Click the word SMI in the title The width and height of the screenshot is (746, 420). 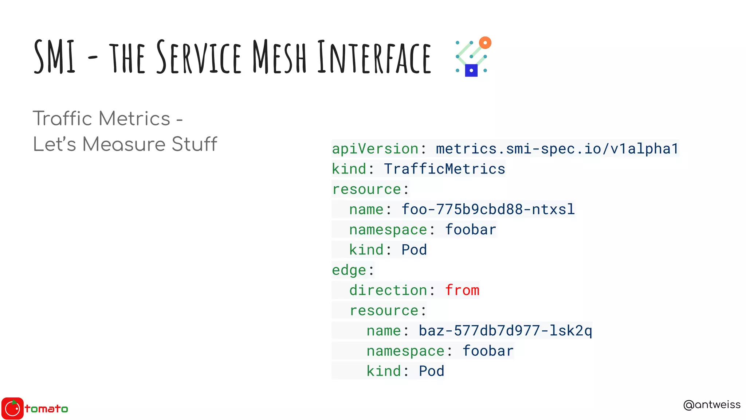(x=55, y=57)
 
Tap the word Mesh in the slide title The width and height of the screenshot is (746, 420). (x=279, y=57)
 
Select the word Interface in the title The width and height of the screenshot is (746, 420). (x=374, y=57)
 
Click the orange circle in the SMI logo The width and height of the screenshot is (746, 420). (x=485, y=43)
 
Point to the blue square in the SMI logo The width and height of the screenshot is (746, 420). (x=471, y=70)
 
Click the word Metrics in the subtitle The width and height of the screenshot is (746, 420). (x=134, y=118)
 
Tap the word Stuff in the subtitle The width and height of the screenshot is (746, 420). (x=194, y=144)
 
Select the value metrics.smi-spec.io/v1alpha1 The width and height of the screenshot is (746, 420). (x=557, y=149)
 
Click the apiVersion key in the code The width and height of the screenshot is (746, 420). (x=375, y=149)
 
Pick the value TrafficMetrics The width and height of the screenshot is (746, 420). (x=444, y=169)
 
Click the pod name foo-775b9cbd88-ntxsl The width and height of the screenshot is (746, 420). (x=488, y=209)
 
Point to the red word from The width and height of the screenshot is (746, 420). (x=462, y=290)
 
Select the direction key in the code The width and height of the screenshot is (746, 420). (x=388, y=290)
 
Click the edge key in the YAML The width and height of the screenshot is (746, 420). (x=349, y=270)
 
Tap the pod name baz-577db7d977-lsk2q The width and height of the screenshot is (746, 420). (x=505, y=331)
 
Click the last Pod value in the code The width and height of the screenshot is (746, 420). (x=431, y=371)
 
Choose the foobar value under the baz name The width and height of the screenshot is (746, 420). (x=488, y=351)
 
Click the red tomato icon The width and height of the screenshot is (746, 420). (x=12, y=408)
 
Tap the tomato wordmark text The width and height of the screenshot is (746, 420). (x=46, y=409)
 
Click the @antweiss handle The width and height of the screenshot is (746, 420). (x=712, y=405)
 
